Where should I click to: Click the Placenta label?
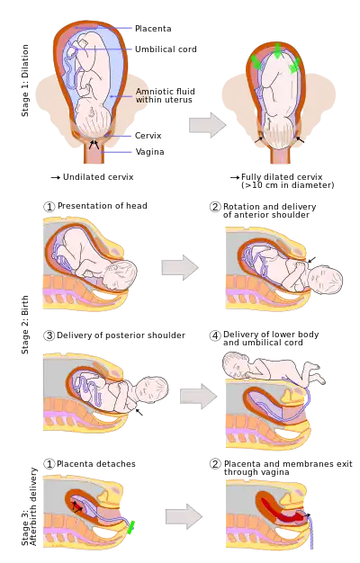pos(153,29)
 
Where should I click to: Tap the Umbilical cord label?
pos(166,49)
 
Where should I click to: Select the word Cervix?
pos(148,136)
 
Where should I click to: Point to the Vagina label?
pos(149,151)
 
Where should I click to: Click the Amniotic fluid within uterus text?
pos(166,95)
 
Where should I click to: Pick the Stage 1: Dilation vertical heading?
pos(25,80)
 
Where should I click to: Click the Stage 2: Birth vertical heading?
pos(25,325)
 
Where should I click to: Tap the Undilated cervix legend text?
pos(98,177)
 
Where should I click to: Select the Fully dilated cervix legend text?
pos(287,181)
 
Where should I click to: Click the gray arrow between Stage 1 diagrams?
pos(208,125)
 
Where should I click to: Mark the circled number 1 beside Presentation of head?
pos(49,207)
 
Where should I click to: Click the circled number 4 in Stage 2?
pos(215,335)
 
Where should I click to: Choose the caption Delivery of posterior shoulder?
pos(121,335)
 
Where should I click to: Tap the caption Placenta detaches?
pos(96,464)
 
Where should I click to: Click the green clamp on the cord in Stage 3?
pos(131,527)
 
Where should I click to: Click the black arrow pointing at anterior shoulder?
pos(312,260)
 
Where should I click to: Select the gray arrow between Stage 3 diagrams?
pos(184,516)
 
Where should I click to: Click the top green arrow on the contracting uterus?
pos(278,50)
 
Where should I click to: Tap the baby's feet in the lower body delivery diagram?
pos(316,373)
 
